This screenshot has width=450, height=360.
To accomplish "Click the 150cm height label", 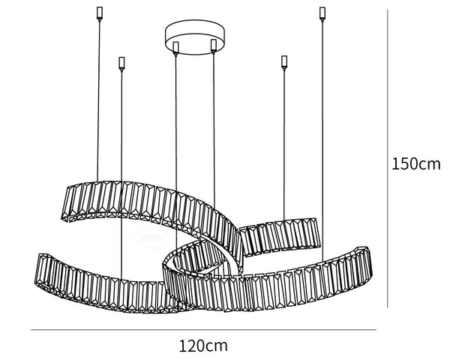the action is pyautogui.click(x=415, y=164).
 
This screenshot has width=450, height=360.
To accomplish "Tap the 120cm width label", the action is pyautogui.click(x=203, y=346).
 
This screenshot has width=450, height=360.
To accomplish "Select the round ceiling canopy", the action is pyautogui.click(x=194, y=37).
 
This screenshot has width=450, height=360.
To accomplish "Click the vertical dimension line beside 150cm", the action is pyautogui.click(x=388, y=158).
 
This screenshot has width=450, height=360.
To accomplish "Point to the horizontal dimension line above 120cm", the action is pyautogui.click(x=203, y=329).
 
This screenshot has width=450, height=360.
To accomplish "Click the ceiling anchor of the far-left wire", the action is pyautogui.click(x=100, y=13).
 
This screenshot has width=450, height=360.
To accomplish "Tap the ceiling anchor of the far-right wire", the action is pyautogui.click(x=322, y=13).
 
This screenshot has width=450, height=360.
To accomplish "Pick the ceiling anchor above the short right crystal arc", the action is pyautogui.click(x=284, y=62).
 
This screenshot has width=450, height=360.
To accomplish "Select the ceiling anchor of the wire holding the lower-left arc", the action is pyautogui.click(x=121, y=64).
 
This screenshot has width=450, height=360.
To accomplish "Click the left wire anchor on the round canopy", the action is pyautogui.click(x=175, y=48).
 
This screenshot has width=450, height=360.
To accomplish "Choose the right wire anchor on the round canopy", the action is pyautogui.click(x=213, y=46).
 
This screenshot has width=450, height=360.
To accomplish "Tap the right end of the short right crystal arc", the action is pyautogui.click(x=319, y=232).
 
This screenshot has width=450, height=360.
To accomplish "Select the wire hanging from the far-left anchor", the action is pyautogui.click(x=98, y=100).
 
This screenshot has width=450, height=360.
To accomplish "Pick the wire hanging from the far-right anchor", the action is pyautogui.click(x=322, y=141).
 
